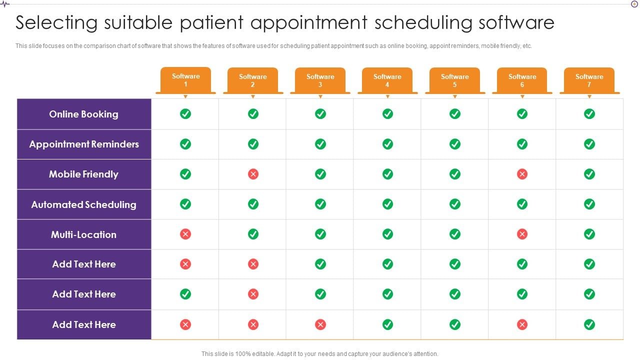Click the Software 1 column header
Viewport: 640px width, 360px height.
pyautogui.click(x=185, y=80)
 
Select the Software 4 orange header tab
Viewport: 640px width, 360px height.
pyautogui.click(x=387, y=80)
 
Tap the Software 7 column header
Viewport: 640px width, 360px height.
pyautogui.click(x=589, y=80)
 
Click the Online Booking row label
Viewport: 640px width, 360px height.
pyautogui.click(x=83, y=114)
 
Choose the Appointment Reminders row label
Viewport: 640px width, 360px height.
pyautogui.click(x=84, y=144)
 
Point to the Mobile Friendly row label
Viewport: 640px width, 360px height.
pyautogui.click(x=83, y=174)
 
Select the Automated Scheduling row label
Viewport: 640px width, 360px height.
pyautogui.click(x=83, y=204)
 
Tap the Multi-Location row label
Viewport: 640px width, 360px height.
pyautogui.click(x=83, y=234)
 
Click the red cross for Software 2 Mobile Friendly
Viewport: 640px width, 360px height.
pyautogui.click(x=253, y=174)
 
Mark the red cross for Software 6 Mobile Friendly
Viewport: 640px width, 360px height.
pyautogui.click(x=522, y=174)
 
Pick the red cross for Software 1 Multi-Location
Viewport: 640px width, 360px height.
pyautogui.click(x=185, y=234)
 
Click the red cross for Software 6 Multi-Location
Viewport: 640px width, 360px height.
pyautogui.click(x=522, y=234)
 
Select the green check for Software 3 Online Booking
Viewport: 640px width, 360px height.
pyautogui.click(x=320, y=113)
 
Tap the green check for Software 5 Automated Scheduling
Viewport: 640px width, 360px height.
pyautogui.click(x=455, y=204)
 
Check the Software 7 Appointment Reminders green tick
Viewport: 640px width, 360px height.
pyautogui.click(x=589, y=144)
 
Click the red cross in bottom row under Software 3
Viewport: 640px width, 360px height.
pyautogui.click(x=320, y=324)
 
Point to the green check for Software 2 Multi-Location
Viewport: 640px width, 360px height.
pyautogui.click(x=253, y=234)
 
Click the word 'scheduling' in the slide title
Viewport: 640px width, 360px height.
pyautogui.click(x=423, y=23)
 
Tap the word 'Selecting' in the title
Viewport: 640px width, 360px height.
pyautogui.click(x=56, y=23)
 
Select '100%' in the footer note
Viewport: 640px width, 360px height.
pyautogui.click(x=243, y=353)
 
